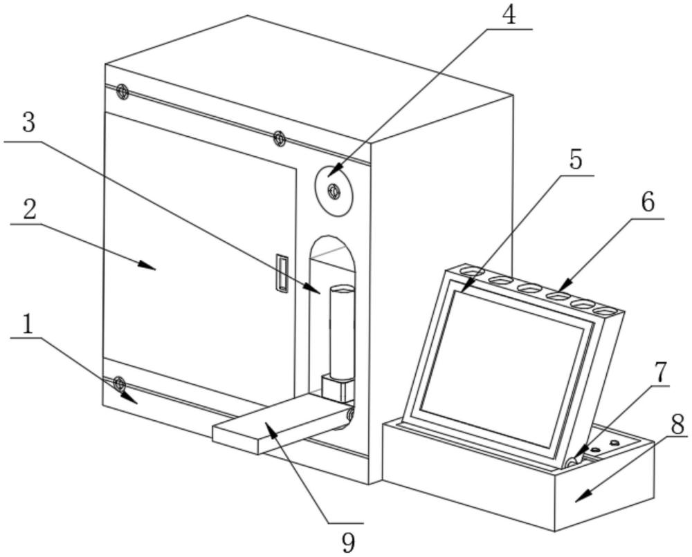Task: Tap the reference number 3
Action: click(x=28, y=123)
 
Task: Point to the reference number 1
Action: click(x=28, y=325)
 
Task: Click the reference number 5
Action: click(x=576, y=160)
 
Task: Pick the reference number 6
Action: click(x=648, y=202)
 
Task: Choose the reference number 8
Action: click(x=677, y=424)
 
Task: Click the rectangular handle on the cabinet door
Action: click(x=281, y=273)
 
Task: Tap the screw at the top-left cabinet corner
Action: click(x=122, y=92)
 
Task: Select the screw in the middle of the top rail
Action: click(x=280, y=139)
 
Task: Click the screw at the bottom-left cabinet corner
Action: click(x=119, y=382)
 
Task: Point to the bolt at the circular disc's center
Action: click(x=333, y=191)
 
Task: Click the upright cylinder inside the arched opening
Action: click(x=343, y=332)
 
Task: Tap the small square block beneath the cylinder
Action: click(x=338, y=388)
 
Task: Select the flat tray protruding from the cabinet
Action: click(x=281, y=424)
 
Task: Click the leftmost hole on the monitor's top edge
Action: click(x=472, y=270)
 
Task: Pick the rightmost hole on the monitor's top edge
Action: click(x=605, y=312)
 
